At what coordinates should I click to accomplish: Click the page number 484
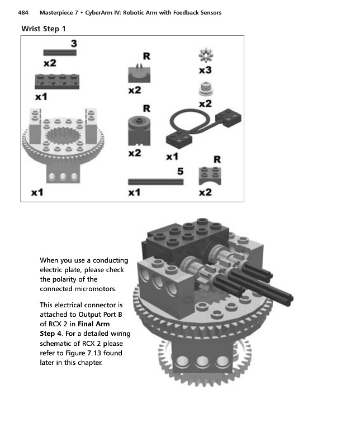click(x=26, y=13)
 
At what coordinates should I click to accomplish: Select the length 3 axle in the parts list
click(x=60, y=53)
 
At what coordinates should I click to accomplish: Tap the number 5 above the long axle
click(x=181, y=172)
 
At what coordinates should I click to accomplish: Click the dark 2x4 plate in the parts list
click(x=57, y=82)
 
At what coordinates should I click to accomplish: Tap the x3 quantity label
click(x=205, y=71)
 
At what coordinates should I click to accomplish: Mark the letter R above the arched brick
click(x=215, y=160)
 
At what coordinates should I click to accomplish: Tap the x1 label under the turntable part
click(x=37, y=193)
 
